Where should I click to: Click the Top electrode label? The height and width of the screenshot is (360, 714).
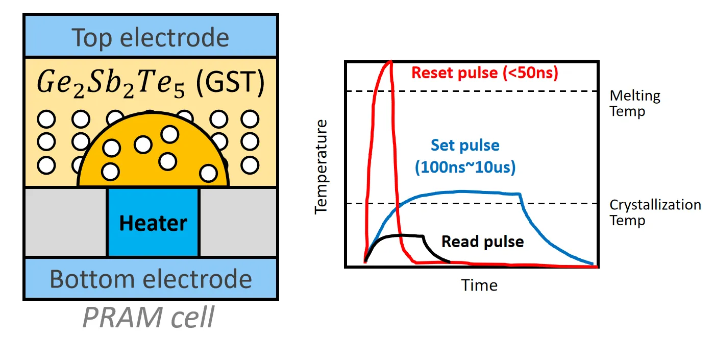(x=150, y=38)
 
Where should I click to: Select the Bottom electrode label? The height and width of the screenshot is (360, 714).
(x=151, y=279)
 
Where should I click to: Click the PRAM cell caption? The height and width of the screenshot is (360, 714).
(x=149, y=317)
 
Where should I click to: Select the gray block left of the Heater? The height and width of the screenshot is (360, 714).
(x=66, y=222)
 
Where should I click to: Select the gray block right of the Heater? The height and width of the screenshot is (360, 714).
(x=238, y=222)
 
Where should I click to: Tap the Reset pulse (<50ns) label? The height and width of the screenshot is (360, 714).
(x=485, y=73)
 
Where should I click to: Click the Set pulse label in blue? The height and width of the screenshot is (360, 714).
(x=465, y=146)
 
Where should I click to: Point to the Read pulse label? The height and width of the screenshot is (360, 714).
(x=482, y=242)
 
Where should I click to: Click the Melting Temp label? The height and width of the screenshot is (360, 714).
(x=634, y=103)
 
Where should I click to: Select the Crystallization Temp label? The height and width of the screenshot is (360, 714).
(x=655, y=212)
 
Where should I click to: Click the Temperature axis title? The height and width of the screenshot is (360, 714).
(x=321, y=166)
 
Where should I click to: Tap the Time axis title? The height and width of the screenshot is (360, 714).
(x=479, y=285)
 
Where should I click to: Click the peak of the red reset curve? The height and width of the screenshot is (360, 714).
(x=390, y=61)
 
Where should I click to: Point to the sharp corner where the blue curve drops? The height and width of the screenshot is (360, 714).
(x=520, y=193)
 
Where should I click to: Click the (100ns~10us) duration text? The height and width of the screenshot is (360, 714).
(x=465, y=167)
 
